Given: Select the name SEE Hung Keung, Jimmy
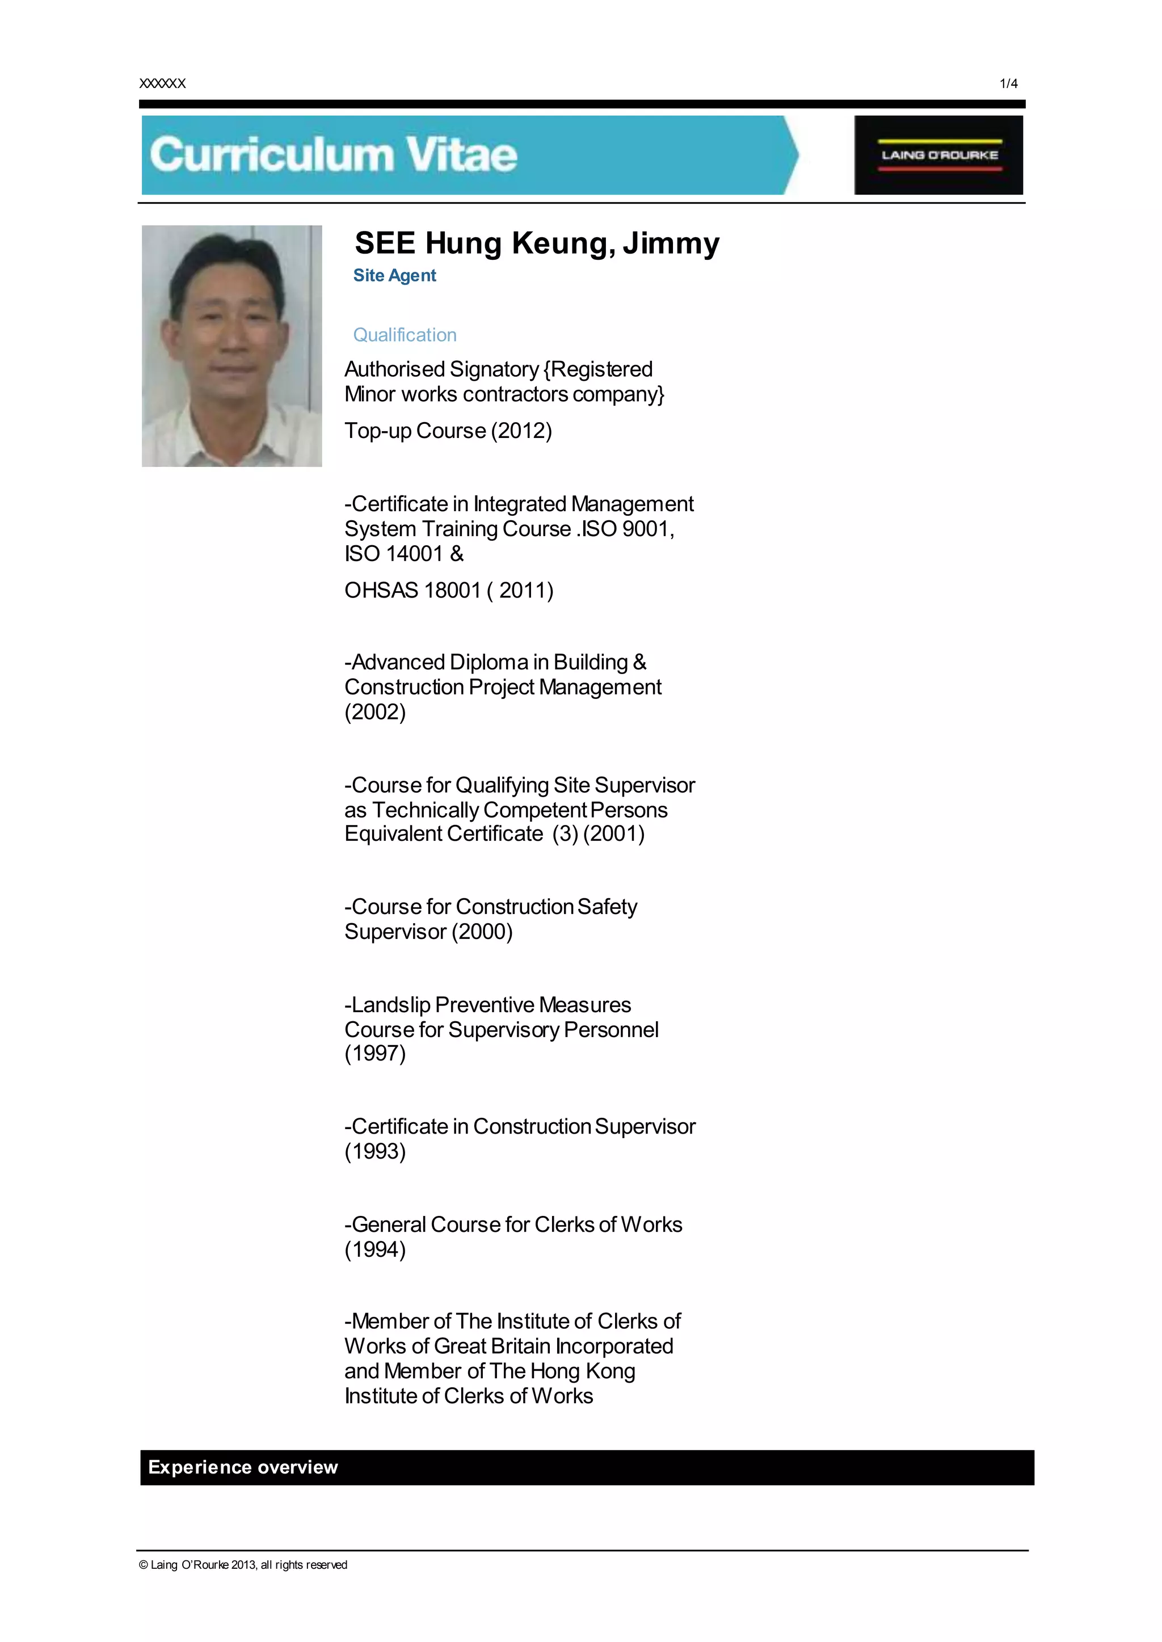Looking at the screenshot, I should point(537,243).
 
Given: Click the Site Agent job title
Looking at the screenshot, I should point(394,275).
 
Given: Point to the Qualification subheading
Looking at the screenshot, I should point(405,335).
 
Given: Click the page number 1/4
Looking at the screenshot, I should point(1008,84).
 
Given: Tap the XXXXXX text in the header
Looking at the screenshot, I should point(162,84).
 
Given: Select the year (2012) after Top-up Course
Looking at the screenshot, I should point(521,431).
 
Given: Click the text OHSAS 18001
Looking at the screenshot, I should point(412,590).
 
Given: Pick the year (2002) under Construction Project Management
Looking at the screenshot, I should point(375,712).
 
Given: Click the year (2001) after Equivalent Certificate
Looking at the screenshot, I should point(614,833).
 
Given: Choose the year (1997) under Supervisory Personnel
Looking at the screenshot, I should point(375,1053).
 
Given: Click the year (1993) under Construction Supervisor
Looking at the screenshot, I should point(375,1151).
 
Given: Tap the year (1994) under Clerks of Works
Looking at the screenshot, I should point(375,1249).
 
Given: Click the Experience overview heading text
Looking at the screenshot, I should point(243,1467).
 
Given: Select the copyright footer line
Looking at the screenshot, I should point(243,1565).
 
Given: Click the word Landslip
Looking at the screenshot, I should point(391,1004).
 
